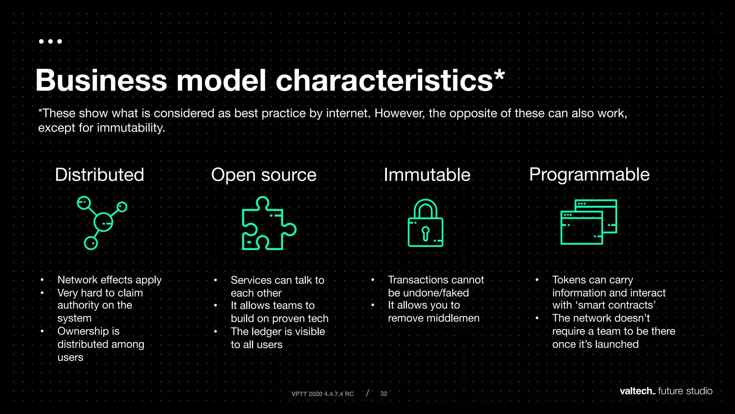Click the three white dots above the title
[50, 41]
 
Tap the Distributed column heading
[99, 175]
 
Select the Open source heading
[264, 175]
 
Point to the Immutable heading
[427, 175]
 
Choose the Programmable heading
[589, 175]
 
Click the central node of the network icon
[103, 222]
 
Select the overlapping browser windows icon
[589, 222]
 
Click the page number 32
[384, 394]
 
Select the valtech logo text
[637, 391]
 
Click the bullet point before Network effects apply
[42, 280]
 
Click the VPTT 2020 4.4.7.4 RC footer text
[322, 394]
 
